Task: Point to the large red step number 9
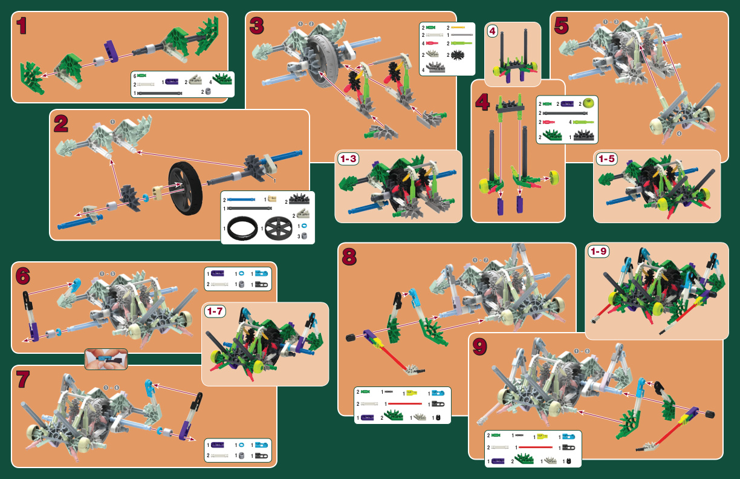(x=479, y=347)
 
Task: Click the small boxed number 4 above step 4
(x=492, y=32)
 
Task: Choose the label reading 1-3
(x=349, y=159)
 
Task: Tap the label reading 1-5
(x=606, y=159)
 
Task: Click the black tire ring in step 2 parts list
(x=240, y=229)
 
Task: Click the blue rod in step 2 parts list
(x=242, y=200)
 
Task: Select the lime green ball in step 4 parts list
(x=589, y=104)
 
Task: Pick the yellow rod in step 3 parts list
(x=458, y=28)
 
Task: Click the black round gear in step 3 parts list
(x=459, y=54)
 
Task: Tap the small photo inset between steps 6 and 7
(x=106, y=359)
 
